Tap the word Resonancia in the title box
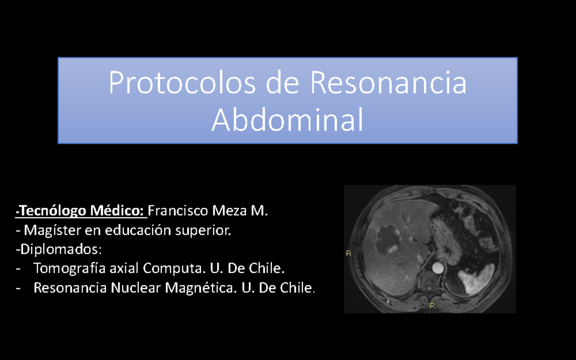coord(388,83)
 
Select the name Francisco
coord(176,211)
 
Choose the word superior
coord(204,230)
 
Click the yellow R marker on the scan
coord(348,254)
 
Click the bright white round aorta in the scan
coord(438,267)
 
